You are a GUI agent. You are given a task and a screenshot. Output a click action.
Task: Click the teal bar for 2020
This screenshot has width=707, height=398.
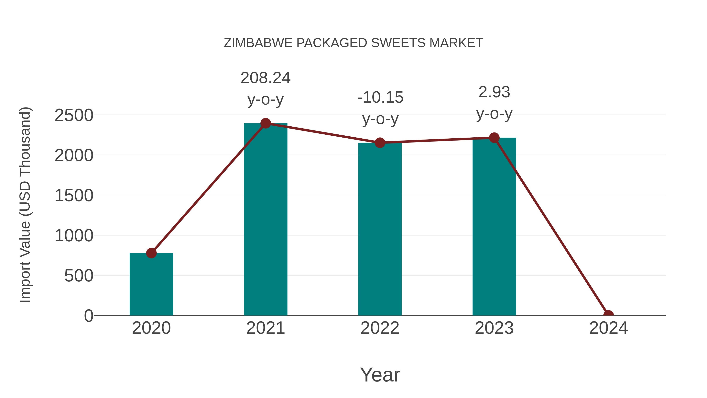click(x=151, y=284)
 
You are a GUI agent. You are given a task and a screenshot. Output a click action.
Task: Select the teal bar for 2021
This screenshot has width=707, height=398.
click(x=265, y=220)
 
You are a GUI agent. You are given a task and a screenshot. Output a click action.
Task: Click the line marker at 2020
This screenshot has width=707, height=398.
click(x=151, y=253)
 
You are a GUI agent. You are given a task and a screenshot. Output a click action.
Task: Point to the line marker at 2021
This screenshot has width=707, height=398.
click(x=265, y=123)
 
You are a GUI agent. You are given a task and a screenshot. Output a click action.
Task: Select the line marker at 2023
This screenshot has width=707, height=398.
click(x=494, y=138)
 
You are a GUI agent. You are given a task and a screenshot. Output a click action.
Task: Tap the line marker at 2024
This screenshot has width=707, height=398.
click(x=608, y=315)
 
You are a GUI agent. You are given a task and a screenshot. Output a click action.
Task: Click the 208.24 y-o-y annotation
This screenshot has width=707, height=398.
click(x=265, y=88)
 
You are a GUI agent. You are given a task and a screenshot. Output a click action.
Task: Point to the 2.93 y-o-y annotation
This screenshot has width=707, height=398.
click(x=494, y=103)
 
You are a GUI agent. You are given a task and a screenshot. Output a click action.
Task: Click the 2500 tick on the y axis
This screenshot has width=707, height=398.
click(x=74, y=115)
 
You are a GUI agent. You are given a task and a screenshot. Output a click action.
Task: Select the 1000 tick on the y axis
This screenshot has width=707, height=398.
click(x=74, y=236)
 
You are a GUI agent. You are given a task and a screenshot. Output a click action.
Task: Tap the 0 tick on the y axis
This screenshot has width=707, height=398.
click(x=89, y=316)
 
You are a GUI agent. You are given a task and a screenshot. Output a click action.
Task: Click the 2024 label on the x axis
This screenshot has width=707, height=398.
click(x=608, y=328)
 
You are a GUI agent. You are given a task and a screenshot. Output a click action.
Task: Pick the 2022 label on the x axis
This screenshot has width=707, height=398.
click(x=380, y=328)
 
